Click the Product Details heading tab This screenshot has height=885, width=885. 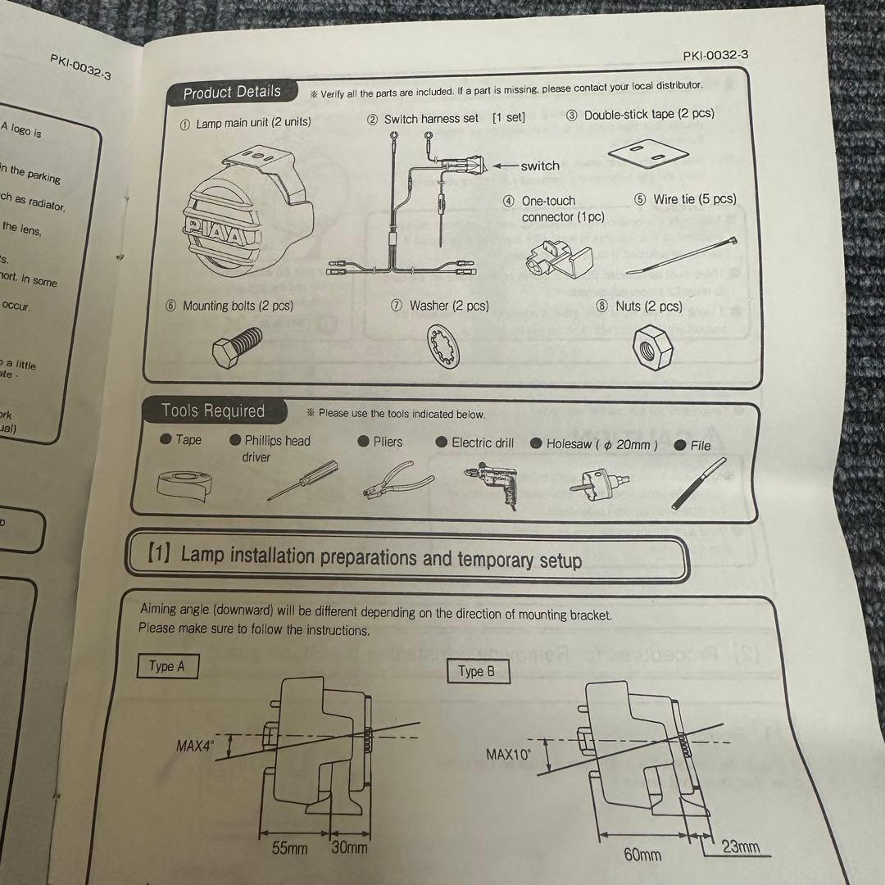pos(231,93)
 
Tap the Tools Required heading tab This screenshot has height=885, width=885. pos(213,411)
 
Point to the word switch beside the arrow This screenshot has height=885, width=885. pos(540,166)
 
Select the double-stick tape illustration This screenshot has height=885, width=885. pos(648,153)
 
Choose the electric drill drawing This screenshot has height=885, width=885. pos(490,483)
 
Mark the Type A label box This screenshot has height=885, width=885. pos(167,666)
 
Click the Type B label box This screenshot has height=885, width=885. pos(476,672)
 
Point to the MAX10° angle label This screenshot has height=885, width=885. pos(509,754)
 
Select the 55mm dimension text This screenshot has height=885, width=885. pos(289,847)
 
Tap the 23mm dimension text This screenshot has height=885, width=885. pos(741,847)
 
